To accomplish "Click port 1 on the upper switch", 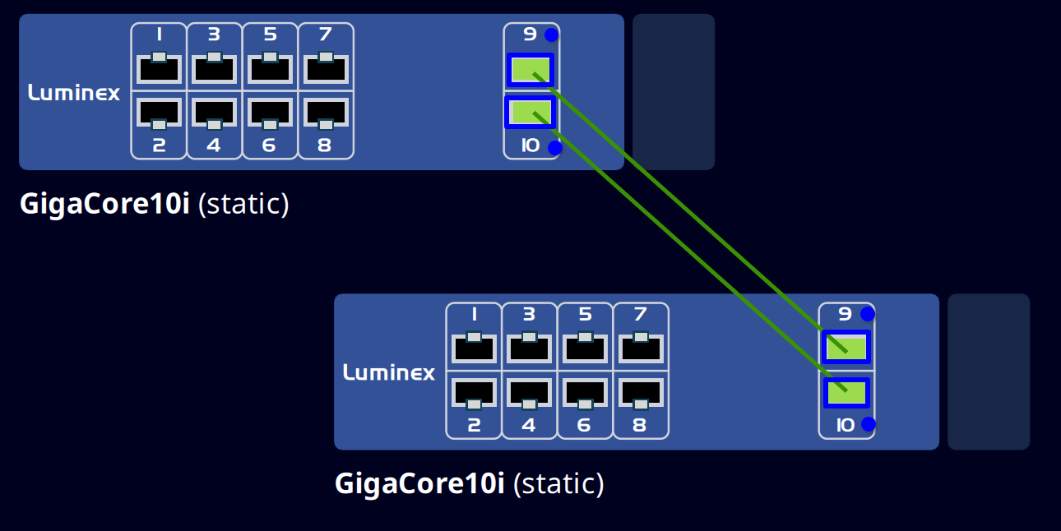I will (x=159, y=69).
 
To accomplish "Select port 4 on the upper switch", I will (x=215, y=112).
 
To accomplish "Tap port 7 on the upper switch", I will (x=326, y=69).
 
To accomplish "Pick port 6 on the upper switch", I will (x=270, y=112).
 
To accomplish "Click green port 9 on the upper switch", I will (x=530, y=70).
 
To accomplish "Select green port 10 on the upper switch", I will (x=530, y=113).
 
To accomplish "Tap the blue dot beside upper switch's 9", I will (x=551, y=35).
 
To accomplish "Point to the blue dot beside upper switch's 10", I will (x=555, y=148).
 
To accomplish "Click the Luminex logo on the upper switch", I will (x=74, y=93).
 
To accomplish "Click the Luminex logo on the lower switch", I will (x=389, y=372).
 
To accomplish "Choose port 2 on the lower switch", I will (x=474, y=391).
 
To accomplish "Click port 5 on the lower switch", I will (x=585, y=349).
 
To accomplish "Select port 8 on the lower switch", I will (x=641, y=391).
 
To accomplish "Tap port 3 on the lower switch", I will (x=529, y=349).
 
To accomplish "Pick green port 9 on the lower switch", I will (x=846, y=347).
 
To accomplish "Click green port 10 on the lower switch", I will (x=846, y=392).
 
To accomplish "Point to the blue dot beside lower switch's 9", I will (x=867, y=314).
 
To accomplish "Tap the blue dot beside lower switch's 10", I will (x=868, y=424).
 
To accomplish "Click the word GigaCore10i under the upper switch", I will (x=104, y=204).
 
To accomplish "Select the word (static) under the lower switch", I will (x=558, y=483).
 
